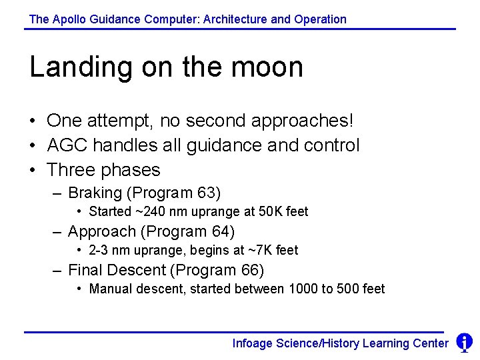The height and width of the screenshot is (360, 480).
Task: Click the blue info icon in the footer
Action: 464,342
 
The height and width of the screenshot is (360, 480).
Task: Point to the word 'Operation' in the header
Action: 323,19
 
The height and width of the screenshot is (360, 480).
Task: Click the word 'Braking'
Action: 95,193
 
